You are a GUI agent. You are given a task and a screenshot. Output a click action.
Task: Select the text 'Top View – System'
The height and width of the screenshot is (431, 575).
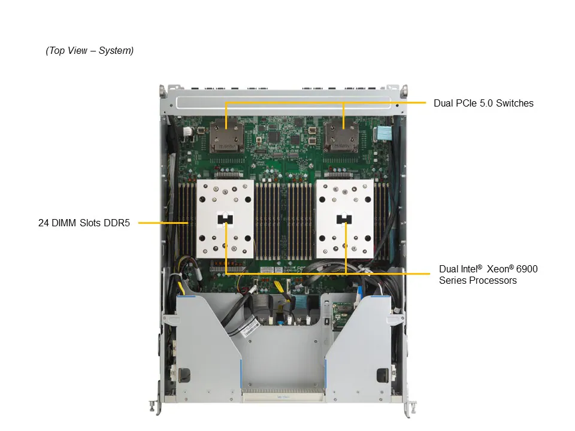[x=90, y=51]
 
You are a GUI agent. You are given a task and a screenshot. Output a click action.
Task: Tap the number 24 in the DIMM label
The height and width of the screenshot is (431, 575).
[x=43, y=224]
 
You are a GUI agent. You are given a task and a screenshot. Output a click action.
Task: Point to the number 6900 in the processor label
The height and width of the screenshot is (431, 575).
[x=526, y=269]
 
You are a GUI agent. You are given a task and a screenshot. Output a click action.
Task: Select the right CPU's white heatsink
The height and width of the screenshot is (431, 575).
[x=344, y=220]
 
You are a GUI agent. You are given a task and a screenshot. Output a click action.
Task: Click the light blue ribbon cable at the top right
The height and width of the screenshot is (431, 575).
[x=382, y=133]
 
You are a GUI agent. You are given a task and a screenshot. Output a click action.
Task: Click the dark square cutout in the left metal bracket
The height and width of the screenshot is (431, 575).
[x=183, y=376]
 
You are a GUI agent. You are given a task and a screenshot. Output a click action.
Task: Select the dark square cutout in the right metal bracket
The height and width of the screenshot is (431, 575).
[x=382, y=376]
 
